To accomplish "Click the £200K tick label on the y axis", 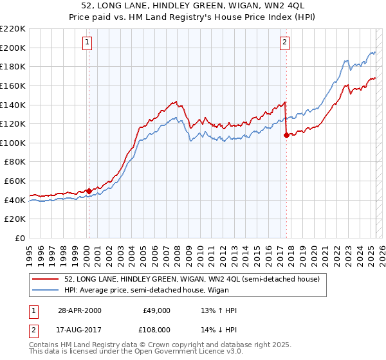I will coord(13,47).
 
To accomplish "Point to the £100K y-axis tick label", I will coord(13,143).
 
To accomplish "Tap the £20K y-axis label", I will coord(15,219).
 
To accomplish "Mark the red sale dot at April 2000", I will coord(89,191).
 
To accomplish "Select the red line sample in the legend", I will coord(46,279).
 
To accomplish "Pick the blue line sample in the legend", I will coord(46,290).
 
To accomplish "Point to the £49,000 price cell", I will coord(156,310).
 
